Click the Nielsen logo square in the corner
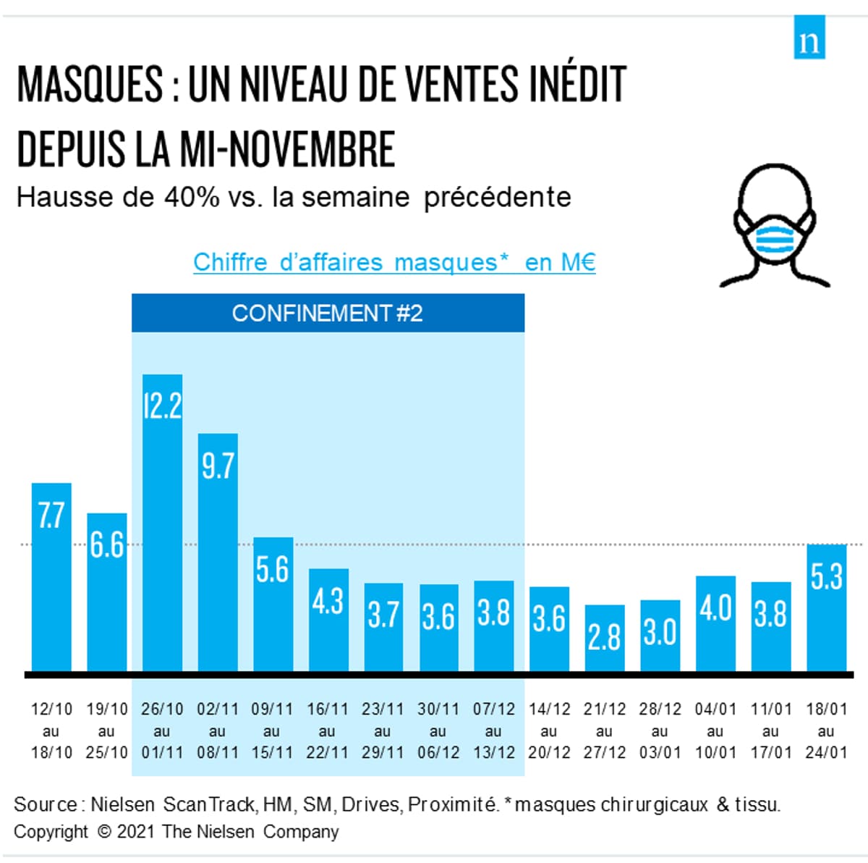click(809, 37)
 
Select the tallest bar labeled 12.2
click(162, 521)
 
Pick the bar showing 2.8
click(604, 638)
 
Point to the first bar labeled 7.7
click(51, 576)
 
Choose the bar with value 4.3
click(328, 619)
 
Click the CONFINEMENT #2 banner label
click(328, 313)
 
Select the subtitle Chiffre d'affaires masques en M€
click(394, 262)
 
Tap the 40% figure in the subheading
click(191, 197)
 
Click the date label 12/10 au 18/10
click(51, 731)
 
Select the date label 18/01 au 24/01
click(826, 731)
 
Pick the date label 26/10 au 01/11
click(162, 731)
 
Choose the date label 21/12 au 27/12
click(604, 731)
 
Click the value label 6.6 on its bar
click(107, 545)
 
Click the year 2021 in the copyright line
click(136, 832)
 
